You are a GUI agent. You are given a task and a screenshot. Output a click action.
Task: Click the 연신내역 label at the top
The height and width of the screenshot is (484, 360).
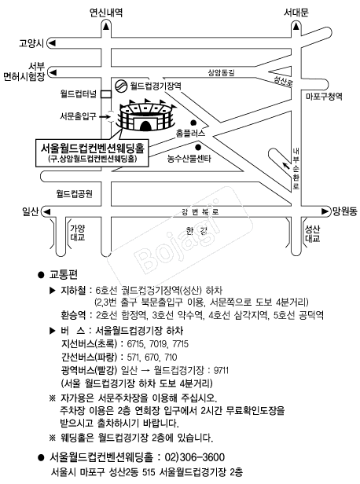tap(106, 13)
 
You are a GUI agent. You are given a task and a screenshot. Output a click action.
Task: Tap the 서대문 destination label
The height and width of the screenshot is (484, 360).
tap(296, 13)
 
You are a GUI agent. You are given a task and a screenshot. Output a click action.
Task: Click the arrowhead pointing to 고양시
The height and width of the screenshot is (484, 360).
tap(52, 43)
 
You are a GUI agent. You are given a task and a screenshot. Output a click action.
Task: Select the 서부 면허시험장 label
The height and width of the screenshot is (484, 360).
tap(24, 71)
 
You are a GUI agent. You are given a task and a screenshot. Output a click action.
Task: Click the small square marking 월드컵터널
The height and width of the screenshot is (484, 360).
tap(106, 93)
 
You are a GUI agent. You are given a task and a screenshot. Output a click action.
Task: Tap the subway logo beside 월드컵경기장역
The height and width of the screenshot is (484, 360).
tap(121, 86)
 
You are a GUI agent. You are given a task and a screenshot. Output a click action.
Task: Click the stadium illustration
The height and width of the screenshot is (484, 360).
tap(145, 115)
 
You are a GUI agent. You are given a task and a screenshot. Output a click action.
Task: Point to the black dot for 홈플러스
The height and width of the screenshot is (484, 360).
tap(193, 123)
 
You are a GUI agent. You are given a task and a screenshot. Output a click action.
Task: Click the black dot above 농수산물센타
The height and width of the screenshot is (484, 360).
tap(198, 147)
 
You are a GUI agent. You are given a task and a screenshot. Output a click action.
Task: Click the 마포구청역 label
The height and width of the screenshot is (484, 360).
tap(324, 97)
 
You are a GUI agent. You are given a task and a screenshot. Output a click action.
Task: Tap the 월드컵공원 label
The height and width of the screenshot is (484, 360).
tap(74, 193)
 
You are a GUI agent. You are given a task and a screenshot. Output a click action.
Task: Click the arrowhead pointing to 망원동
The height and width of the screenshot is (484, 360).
tap(325, 211)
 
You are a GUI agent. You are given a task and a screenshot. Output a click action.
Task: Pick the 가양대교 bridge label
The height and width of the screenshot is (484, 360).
tap(78, 233)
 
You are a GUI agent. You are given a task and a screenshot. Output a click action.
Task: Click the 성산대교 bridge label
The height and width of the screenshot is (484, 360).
tap(313, 233)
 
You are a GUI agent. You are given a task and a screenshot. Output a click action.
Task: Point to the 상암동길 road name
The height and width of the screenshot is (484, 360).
tap(221, 72)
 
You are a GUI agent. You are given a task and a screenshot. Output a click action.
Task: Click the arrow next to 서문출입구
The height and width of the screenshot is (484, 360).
tap(105, 116)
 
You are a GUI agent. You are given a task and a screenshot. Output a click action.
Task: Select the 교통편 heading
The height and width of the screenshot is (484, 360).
tap(64, 274)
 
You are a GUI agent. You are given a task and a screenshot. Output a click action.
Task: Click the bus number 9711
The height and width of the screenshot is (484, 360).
tap(221, 370)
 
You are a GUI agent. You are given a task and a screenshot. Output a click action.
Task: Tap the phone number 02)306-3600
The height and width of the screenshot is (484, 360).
tap(195, 457)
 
